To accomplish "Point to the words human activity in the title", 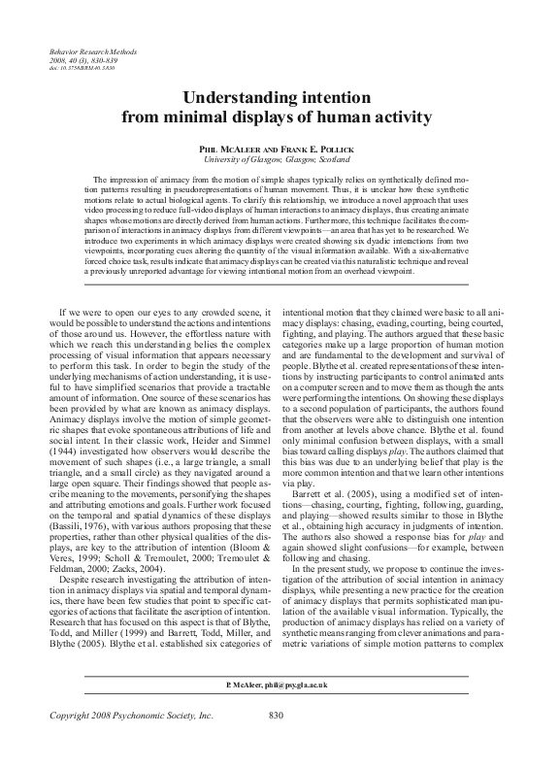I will [372, 118].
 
